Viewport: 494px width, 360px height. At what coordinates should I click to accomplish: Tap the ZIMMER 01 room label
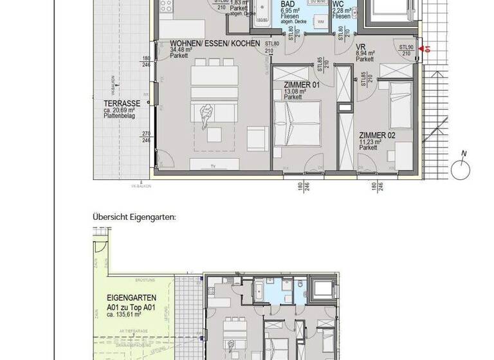[302, 84]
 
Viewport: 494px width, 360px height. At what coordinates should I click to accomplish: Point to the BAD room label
[288, 4]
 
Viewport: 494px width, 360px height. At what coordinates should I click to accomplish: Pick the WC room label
[337, 4]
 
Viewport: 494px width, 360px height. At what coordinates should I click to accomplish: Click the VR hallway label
[361, 48]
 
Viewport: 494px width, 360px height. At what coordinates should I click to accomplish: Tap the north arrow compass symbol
[461, 170]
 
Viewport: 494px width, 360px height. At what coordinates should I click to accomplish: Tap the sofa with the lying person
[208, 117]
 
